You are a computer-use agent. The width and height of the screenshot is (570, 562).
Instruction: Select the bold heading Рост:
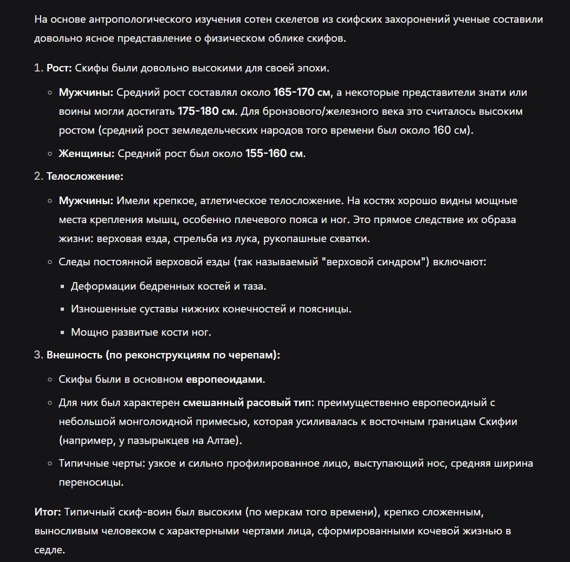(59, 68)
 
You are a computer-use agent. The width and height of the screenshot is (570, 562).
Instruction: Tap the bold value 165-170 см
(302, 93)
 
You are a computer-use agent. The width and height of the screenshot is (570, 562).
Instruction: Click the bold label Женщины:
(87, 154)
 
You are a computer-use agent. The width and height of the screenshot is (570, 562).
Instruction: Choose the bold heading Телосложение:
(85, 177)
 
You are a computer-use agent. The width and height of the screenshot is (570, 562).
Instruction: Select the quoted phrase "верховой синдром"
(374, 262)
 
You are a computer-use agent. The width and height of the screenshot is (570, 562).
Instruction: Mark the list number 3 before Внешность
(38, 355)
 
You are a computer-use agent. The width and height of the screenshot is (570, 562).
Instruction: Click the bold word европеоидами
(224, 380)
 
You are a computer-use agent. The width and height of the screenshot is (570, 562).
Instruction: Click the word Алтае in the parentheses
(222, 441)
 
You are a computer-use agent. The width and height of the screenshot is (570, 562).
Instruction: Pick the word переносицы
(91, 482)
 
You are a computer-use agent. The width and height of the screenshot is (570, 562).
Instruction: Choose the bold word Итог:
(48, 512)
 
